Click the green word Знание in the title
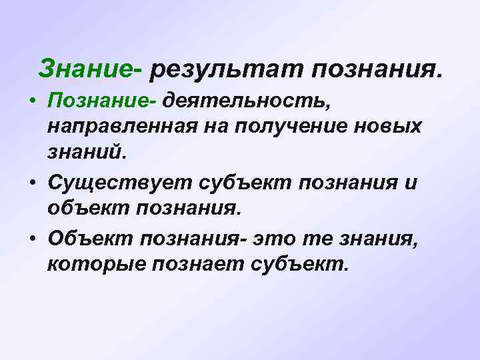pos(85,68)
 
